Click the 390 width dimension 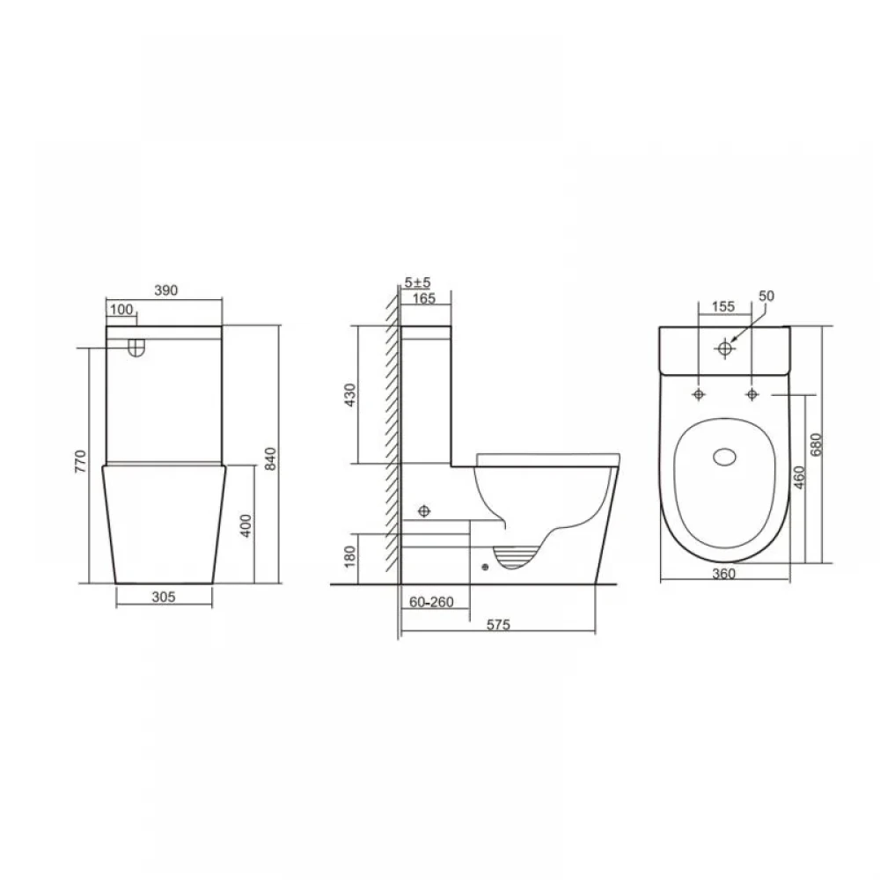(x=166, y=290)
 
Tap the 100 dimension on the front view (x=121, y=309)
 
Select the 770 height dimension (x=81, y=461)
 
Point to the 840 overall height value (x=270, y=458)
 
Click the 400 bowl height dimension (x=246, y=526)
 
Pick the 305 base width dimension (x=164, y=597)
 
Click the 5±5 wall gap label (x=417, y=282)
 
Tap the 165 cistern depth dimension (x=424, y=298)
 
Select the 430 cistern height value (x=349, y=394)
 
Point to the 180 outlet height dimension (x=349, y=556)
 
